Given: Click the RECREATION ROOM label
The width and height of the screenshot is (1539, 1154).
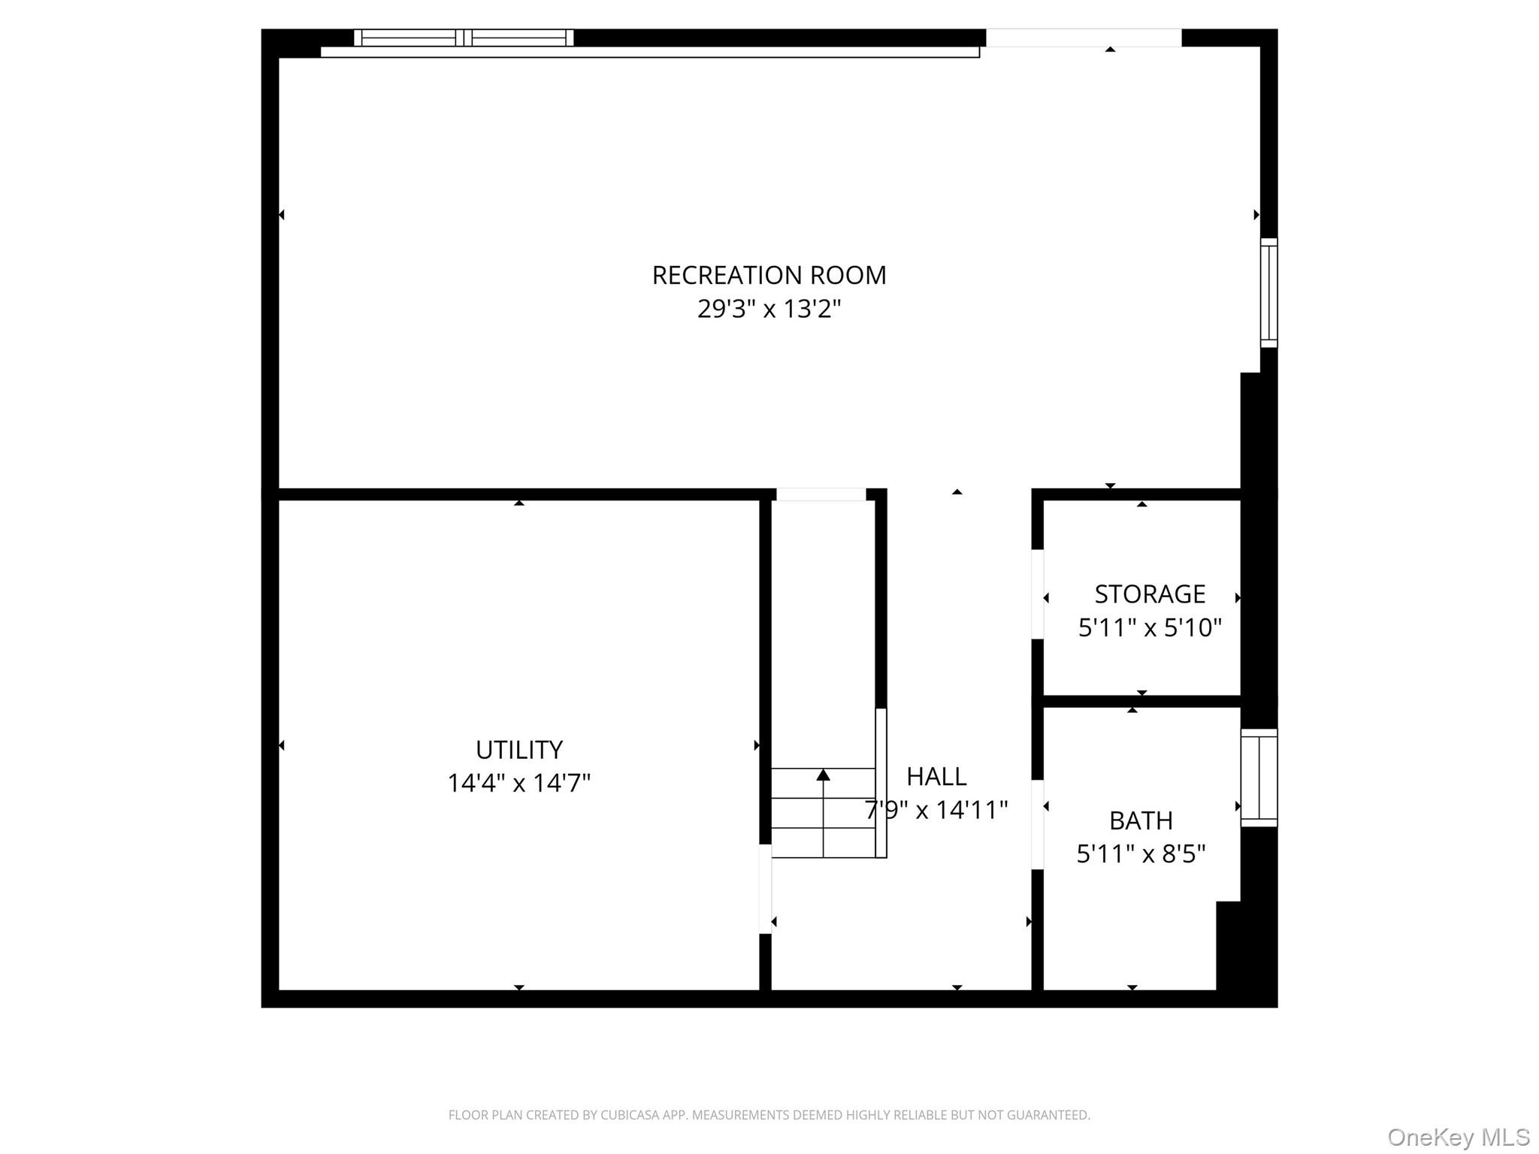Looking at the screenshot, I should (x=769, y=276).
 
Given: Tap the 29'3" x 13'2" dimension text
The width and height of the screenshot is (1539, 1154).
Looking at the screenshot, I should (x=769, y=309).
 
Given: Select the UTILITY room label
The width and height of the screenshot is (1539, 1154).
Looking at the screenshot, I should (x=519, y=750).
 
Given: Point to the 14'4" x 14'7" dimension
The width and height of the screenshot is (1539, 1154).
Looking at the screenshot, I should (x=519, y=784).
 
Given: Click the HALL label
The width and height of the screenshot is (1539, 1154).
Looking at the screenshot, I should (x=936, y=776).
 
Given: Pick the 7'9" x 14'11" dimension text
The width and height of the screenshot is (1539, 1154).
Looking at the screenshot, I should (x=936, y=810).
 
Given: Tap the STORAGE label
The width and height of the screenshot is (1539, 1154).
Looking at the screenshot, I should (x=1149, y=594).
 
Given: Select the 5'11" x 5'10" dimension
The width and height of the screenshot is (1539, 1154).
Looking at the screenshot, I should (x=1149, y=627).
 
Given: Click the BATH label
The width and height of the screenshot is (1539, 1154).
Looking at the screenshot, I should (x=1140, y=821).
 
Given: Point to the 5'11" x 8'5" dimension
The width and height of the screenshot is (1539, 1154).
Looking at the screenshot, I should (x=1140, y=854).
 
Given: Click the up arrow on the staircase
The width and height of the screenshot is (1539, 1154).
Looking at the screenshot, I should (x=823, y=775).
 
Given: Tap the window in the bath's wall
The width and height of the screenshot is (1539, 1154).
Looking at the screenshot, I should (x=1259, y=778).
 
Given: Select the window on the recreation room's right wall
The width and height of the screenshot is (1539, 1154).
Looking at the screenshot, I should (x=1268, y=293).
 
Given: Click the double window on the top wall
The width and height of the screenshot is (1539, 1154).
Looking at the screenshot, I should (x=464, y=38).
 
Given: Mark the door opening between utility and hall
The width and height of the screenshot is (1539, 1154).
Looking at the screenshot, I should (x=765, y=889).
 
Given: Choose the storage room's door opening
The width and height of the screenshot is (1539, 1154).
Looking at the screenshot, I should (x=1037, y=594).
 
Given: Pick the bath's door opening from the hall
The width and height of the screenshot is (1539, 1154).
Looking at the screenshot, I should (x=1037, y=825).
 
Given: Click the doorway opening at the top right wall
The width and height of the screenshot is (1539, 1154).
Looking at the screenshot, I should (x=1083, y=38).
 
